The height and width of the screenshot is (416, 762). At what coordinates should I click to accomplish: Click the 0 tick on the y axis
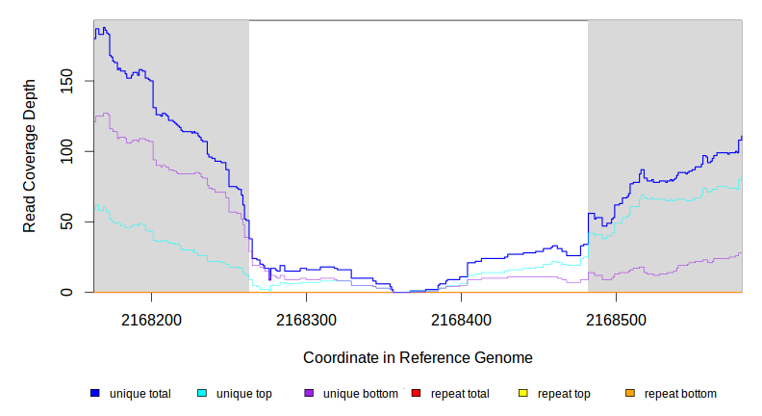click(x=66, y=292)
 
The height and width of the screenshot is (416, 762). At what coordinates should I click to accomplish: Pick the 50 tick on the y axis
click(x=66, y=221)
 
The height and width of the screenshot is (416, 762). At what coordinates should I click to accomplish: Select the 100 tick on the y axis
click(x=66, y=151)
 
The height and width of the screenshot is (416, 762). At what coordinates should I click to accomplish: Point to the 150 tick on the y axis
click(x=66, y=81)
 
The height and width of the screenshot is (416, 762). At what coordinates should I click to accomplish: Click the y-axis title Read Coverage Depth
click(x=30, y=156)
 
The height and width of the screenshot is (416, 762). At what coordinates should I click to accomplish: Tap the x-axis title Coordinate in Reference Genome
click(x=418, y=357)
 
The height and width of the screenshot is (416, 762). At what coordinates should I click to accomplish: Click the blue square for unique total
click(x=95, y=393)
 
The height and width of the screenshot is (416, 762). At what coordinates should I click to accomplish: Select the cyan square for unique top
click(x=202, y=393)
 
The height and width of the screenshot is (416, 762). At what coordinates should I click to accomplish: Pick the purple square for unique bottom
click(x=309, y=393)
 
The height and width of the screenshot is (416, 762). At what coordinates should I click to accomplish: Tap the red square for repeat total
click(x=416, y=393)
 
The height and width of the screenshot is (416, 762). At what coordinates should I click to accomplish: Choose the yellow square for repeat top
click(x=523, y=393)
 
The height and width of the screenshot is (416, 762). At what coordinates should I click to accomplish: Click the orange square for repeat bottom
click(x=630, y=393)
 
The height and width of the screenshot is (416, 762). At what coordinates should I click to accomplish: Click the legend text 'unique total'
click(x=140, y=394)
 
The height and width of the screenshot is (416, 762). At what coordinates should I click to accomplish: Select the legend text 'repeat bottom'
click(x=680, y=394)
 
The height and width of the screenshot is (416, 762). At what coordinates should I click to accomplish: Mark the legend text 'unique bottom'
click(x=361, y=394)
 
